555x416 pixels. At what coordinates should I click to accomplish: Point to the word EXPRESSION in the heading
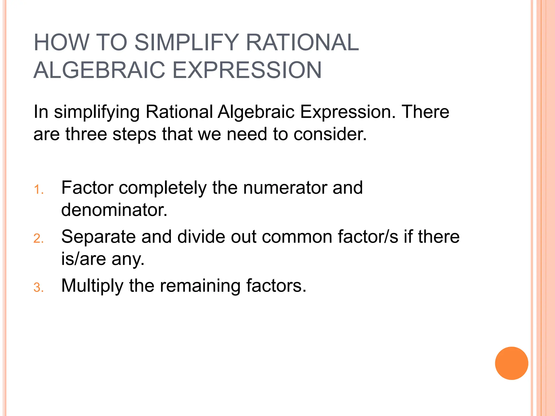tap(247, 70)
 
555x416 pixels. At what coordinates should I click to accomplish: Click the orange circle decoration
tap(511, 363)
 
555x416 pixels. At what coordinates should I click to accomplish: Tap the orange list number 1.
tap(38, 190)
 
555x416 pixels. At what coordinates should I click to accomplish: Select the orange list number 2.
tap(38, 239)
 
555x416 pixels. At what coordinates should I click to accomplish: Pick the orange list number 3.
tap(38, 288)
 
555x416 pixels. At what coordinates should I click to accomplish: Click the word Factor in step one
tap(87, 187)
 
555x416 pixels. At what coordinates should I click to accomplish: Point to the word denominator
tap(114, 210)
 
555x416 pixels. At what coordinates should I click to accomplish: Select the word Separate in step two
tap(98, 236)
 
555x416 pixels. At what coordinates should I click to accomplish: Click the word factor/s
tap(368, 236)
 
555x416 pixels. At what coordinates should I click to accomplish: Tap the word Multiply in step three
tap(92, 286)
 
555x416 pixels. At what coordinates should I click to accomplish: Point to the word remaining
tap(200, 286)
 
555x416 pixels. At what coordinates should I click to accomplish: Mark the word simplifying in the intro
tap(97, 112)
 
